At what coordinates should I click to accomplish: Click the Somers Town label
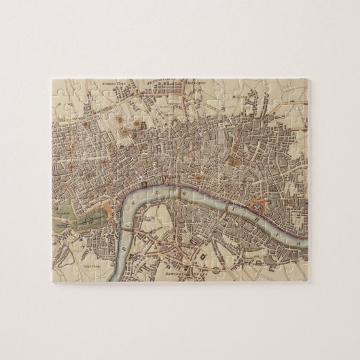click(x=115, y=84)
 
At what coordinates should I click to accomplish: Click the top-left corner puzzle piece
click(x=62, y=89)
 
